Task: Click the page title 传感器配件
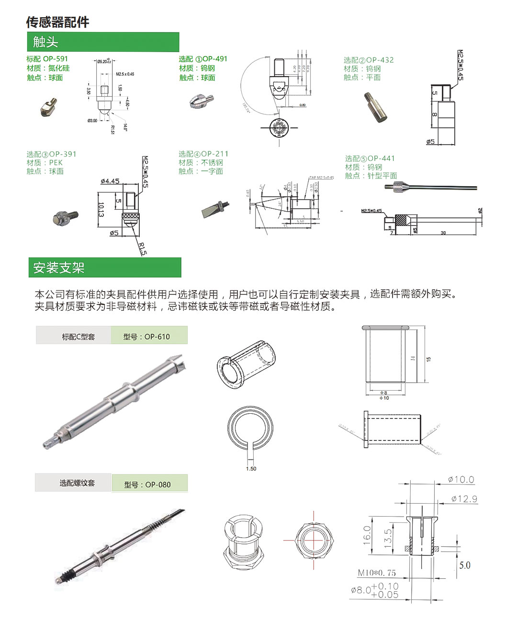click(x=57, y=22)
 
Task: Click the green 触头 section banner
click(x=103, y=42)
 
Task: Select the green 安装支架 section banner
click(x=104, y=268)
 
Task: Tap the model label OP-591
click(x=56, y=59)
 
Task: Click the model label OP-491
click(x=214, y=59)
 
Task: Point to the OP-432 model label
click(x=380, y=60)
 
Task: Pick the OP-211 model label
click(x=215, y=154)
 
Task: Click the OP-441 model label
click(x=381, y=158)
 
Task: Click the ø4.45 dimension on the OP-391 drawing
click(x=110, y=181)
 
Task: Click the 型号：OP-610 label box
click(x=149, y=336)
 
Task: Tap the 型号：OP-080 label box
click(x=149, y=484)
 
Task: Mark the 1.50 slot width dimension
click(x=251, y=469)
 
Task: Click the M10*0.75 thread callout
click(x=377, y=573)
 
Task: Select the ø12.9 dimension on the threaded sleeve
click(x=464, y=499)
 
